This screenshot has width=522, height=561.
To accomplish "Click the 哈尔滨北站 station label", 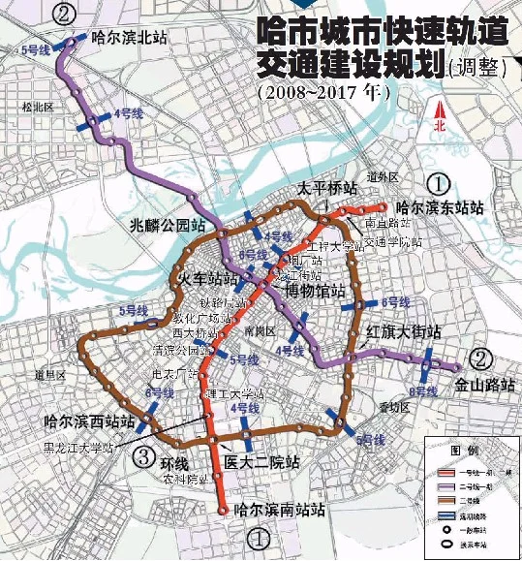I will tap(129, 40).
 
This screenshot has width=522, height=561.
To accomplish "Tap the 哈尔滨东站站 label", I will tap(439, 207).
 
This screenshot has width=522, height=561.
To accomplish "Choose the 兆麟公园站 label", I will tap(169, 226).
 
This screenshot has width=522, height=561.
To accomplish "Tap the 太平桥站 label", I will tap(327, 188).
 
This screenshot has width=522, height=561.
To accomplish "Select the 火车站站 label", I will tap(207, 280).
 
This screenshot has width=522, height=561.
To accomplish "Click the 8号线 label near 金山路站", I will tap(425, 391).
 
